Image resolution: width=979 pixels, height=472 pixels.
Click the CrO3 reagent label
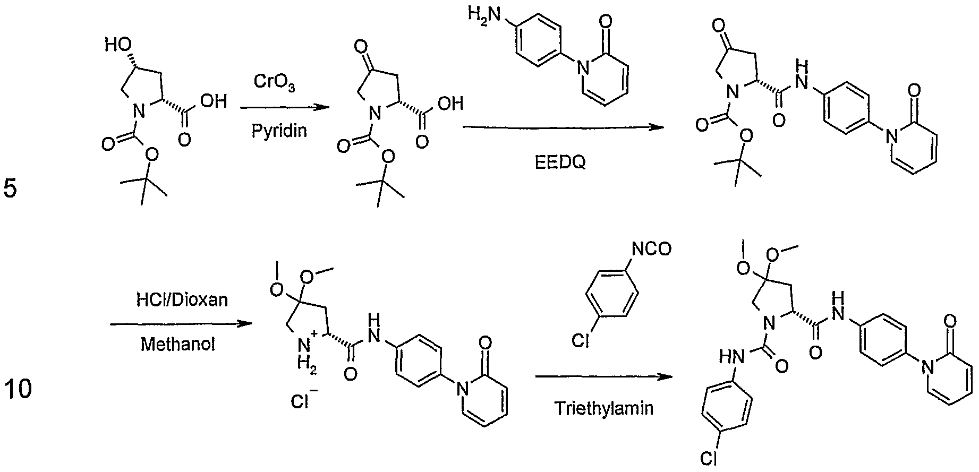pos(274,82)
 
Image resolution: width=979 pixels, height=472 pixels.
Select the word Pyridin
pos(279,131)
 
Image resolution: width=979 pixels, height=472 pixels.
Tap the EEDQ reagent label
pos(560,162)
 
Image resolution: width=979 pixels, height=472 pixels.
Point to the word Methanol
pos(178,345)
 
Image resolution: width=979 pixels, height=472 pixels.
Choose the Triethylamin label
pos(604,408)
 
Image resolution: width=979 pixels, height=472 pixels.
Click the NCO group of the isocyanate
pos(652,248)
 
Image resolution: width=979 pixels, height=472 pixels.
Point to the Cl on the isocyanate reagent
pos(581,340)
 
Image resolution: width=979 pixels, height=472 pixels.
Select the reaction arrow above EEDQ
pos(564,127)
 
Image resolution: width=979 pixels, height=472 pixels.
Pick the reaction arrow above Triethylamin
pos(603,376)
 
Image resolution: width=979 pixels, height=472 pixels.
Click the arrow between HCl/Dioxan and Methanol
pos(180,323)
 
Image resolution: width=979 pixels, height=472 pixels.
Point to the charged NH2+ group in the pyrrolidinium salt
pos(307,353)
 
